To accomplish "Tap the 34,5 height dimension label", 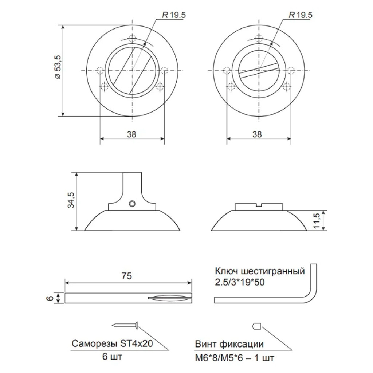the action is (71, 200).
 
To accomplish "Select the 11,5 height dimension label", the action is (317, 221).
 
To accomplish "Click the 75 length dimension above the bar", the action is (126, 276).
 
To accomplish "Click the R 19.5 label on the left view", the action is (174, 15).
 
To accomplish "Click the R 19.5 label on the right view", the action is (300, 15).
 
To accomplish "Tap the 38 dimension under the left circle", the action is (131, 134).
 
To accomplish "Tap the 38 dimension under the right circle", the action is (257, 134).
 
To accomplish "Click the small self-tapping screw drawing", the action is (126, 325).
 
